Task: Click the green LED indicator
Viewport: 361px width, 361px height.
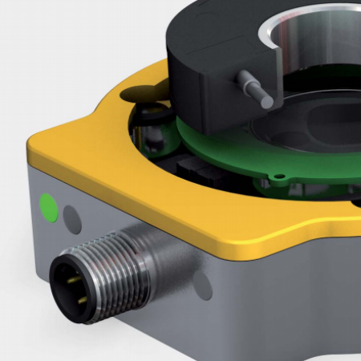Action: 49,206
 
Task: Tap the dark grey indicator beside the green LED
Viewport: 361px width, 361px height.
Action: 72,215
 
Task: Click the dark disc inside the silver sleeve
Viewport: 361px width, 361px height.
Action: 321,120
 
